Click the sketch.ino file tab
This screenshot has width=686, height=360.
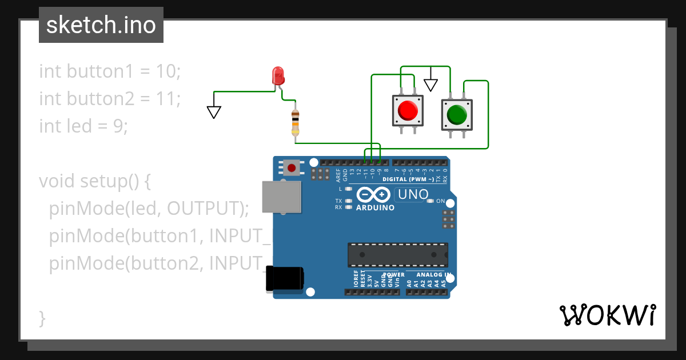tap(101, 25)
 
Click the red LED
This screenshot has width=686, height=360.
tap(278, 77)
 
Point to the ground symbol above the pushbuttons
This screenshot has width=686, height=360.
tap(430, 85)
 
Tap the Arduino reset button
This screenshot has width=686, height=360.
tap(292, 168)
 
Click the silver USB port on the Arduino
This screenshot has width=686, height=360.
tap(281, 197)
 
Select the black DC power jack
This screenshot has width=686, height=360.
tap(284, 280)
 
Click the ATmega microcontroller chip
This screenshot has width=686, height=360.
tap(398, 254)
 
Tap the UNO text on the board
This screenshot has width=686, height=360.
tap(413, 195)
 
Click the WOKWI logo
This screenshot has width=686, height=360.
tap(607, 315)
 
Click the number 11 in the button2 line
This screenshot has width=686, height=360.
tap(169, 99)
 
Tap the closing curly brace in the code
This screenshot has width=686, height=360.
tap(42, 318)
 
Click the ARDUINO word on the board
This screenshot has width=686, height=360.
tap(375, 208)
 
